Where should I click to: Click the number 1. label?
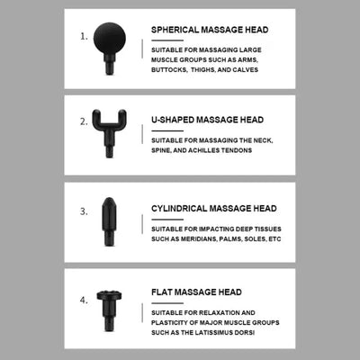(x=84, y=38)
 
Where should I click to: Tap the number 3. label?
(x=84, y=211)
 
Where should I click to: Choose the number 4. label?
(x=84, y=300)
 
